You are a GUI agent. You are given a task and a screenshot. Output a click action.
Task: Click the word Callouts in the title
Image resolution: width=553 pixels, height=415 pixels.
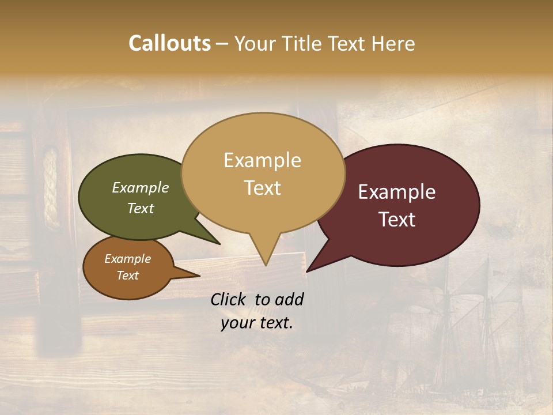(x=169, y=43)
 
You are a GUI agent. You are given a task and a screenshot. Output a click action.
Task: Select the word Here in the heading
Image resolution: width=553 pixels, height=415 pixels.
(x=393, y=43)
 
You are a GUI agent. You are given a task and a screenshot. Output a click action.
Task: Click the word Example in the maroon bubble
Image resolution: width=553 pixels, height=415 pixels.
(x=397, y=192)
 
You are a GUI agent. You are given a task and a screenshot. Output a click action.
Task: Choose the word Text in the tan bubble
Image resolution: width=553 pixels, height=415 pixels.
(x=263, y=188)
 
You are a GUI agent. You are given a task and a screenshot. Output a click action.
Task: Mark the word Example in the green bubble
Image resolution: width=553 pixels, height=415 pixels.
(x=141, y=188)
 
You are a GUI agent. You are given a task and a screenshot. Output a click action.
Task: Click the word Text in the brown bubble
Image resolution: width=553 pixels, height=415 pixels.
(x=128, y=276)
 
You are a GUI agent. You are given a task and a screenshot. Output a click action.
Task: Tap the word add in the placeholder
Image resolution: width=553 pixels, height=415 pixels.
(x=289, y=299)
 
